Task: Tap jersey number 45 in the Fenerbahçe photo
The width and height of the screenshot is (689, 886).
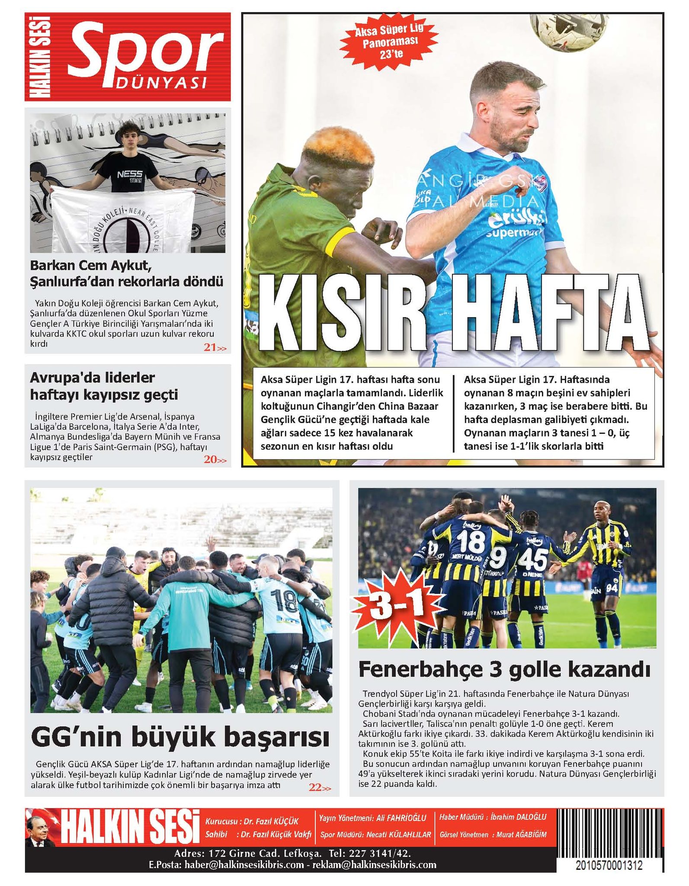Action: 533,559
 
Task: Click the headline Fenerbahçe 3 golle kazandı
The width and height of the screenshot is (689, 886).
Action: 504,670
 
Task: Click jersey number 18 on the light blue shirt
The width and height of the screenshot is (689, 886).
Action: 284,601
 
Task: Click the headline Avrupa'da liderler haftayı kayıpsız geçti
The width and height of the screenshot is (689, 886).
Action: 104,386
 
